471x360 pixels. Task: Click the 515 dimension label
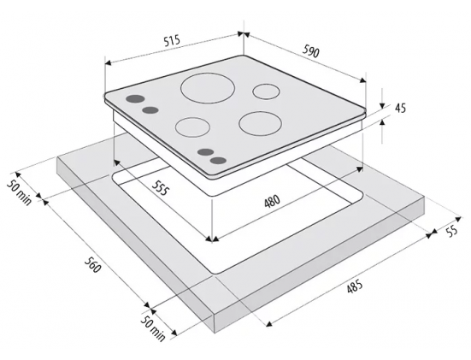(x=172, y=40)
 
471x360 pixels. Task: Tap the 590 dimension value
(x=310, y=52)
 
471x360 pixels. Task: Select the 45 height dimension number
(x=400, y=108)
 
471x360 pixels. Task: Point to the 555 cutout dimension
(x=161, y=188)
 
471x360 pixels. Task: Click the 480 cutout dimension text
(x=272, y=201)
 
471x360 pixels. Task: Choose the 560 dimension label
(x=92, y=265)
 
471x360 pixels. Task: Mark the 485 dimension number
(x=355, y=286)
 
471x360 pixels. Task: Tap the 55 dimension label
(x=451, y=231)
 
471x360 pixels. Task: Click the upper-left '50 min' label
(x=19, y=192)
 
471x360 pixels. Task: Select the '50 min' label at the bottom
(x=153, y=328)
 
